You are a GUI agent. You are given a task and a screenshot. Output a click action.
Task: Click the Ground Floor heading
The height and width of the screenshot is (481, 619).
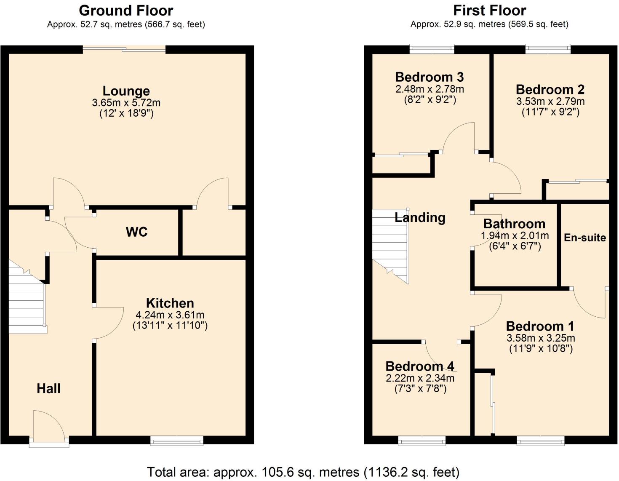(x=126, y=11)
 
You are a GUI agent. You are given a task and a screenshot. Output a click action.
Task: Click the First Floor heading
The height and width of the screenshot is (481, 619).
(x=489, y=11)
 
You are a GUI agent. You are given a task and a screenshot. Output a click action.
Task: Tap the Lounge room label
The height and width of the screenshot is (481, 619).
(x=126, y=91)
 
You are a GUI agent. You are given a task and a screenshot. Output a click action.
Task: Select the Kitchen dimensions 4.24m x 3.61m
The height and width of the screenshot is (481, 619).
(x=170, y=315)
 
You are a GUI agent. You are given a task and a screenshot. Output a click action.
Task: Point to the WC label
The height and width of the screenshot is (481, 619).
(x=136, y=232)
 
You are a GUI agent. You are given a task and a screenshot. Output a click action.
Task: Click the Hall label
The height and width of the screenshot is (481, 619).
(x=48, y=388)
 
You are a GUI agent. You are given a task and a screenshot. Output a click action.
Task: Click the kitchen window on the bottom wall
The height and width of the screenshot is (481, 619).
(x=177, y=441)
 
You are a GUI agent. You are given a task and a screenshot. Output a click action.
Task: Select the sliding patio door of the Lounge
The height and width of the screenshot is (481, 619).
(x=124, y=49)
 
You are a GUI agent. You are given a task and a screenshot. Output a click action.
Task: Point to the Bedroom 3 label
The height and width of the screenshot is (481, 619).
(x=429, y=77)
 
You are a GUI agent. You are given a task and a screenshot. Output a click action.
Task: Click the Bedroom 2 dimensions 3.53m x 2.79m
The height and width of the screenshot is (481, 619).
(x=550, y=102)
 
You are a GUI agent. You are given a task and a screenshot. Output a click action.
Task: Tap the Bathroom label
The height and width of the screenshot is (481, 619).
(x=514, y=224)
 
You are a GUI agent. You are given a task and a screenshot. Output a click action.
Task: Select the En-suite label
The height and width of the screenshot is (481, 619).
(x=584, y=238)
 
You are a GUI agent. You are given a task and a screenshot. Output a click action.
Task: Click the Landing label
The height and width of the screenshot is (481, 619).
(x=420, y=218)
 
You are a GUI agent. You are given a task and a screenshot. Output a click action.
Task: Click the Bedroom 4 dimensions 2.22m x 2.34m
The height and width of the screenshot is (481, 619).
(x=420, y=378)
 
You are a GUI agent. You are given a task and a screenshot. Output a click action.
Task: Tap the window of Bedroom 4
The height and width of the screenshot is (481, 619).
(x=422, y=441)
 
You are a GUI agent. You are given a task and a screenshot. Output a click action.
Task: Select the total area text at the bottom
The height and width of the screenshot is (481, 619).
(x=303, y=472)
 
